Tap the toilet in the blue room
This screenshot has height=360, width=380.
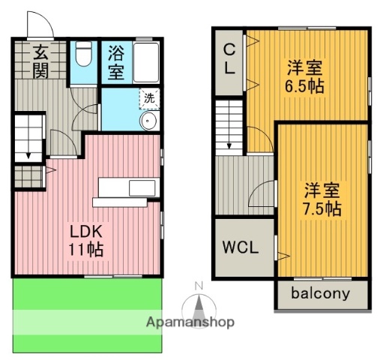(83, 57)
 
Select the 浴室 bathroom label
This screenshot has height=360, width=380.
(116, 62)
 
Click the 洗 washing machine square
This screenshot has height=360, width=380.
(150, 97)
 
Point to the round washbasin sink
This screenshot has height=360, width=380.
(148, 121)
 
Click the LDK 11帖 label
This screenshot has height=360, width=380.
(86, 239)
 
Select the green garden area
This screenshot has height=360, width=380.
(86, 315)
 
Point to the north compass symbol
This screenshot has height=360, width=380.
(199, 304)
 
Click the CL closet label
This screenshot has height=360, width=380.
(229, 58)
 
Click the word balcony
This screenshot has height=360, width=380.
(320, 293)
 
